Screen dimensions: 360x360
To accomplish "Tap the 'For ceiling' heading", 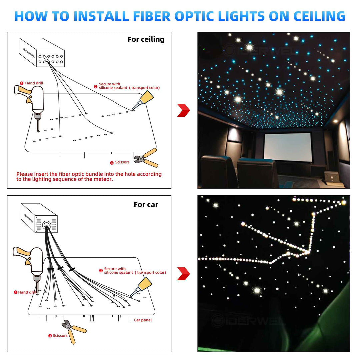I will click(146, 39).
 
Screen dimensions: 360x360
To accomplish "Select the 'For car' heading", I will click(146, 204).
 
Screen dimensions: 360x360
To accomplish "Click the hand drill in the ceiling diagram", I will click(32, 101).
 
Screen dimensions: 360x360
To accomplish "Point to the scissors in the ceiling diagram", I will click(146, 158).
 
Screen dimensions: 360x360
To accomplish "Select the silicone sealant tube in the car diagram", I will click(142, 287).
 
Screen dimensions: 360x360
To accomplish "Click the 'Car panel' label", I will click(143, 320).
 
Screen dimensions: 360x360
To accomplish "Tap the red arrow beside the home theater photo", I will click(183, 110).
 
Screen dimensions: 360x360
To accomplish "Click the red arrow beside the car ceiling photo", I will click(183, 273).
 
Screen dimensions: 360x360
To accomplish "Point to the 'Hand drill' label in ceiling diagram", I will click(34, 83).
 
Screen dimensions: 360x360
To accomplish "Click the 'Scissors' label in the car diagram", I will click(60, 336).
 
